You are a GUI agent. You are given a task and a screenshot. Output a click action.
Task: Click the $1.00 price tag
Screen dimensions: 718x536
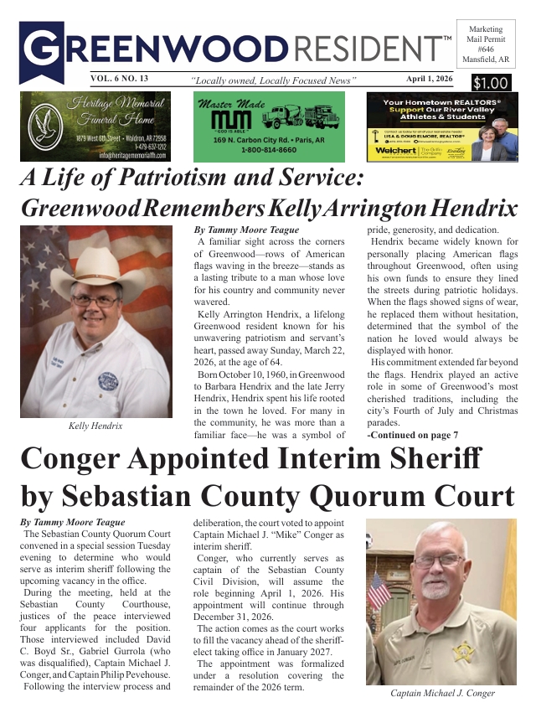490,83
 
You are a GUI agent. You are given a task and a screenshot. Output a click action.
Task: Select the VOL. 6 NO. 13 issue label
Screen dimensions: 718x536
120,79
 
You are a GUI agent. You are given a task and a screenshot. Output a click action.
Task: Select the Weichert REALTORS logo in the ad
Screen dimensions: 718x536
395,150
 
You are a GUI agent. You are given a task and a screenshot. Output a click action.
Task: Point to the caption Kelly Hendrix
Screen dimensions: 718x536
95,426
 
